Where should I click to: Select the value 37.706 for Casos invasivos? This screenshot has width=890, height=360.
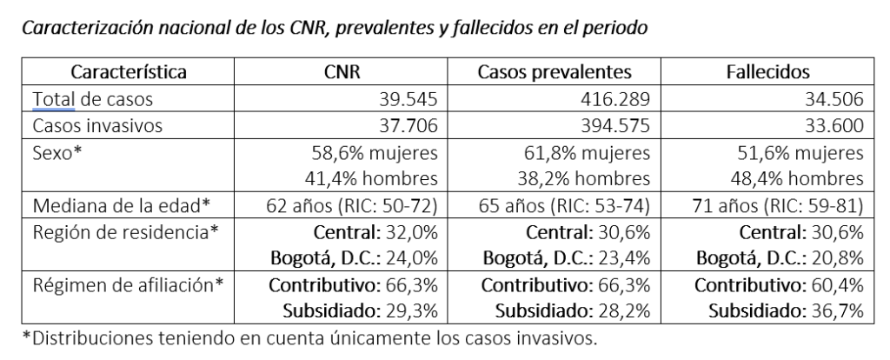point(412,126)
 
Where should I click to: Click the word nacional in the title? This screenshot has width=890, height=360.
point(169,28)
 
